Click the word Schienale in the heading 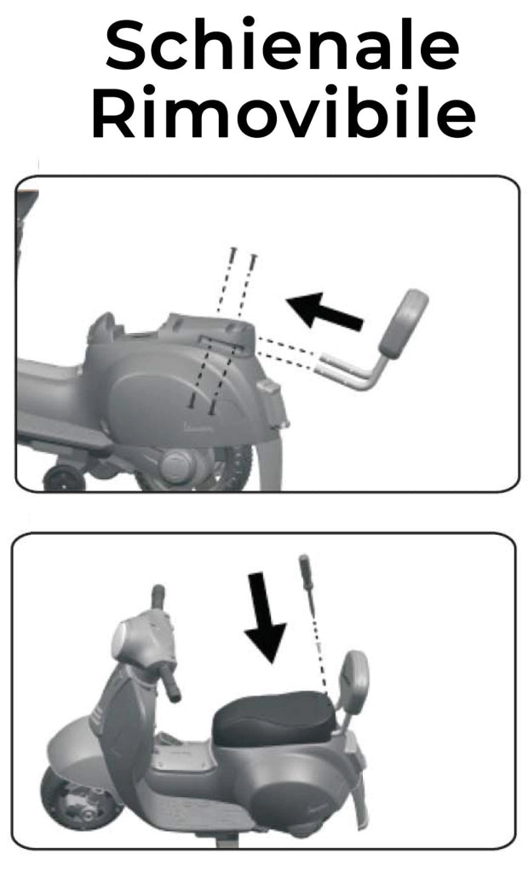pos(282,46)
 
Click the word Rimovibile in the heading pos(284,112)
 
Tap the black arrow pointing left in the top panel pos(324,311)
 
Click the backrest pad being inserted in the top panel pos(404,324)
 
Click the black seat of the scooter pos(273,717)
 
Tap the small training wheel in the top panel pos(64,478)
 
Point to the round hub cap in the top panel pos(179,466)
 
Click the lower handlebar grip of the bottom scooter pos(169,683)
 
